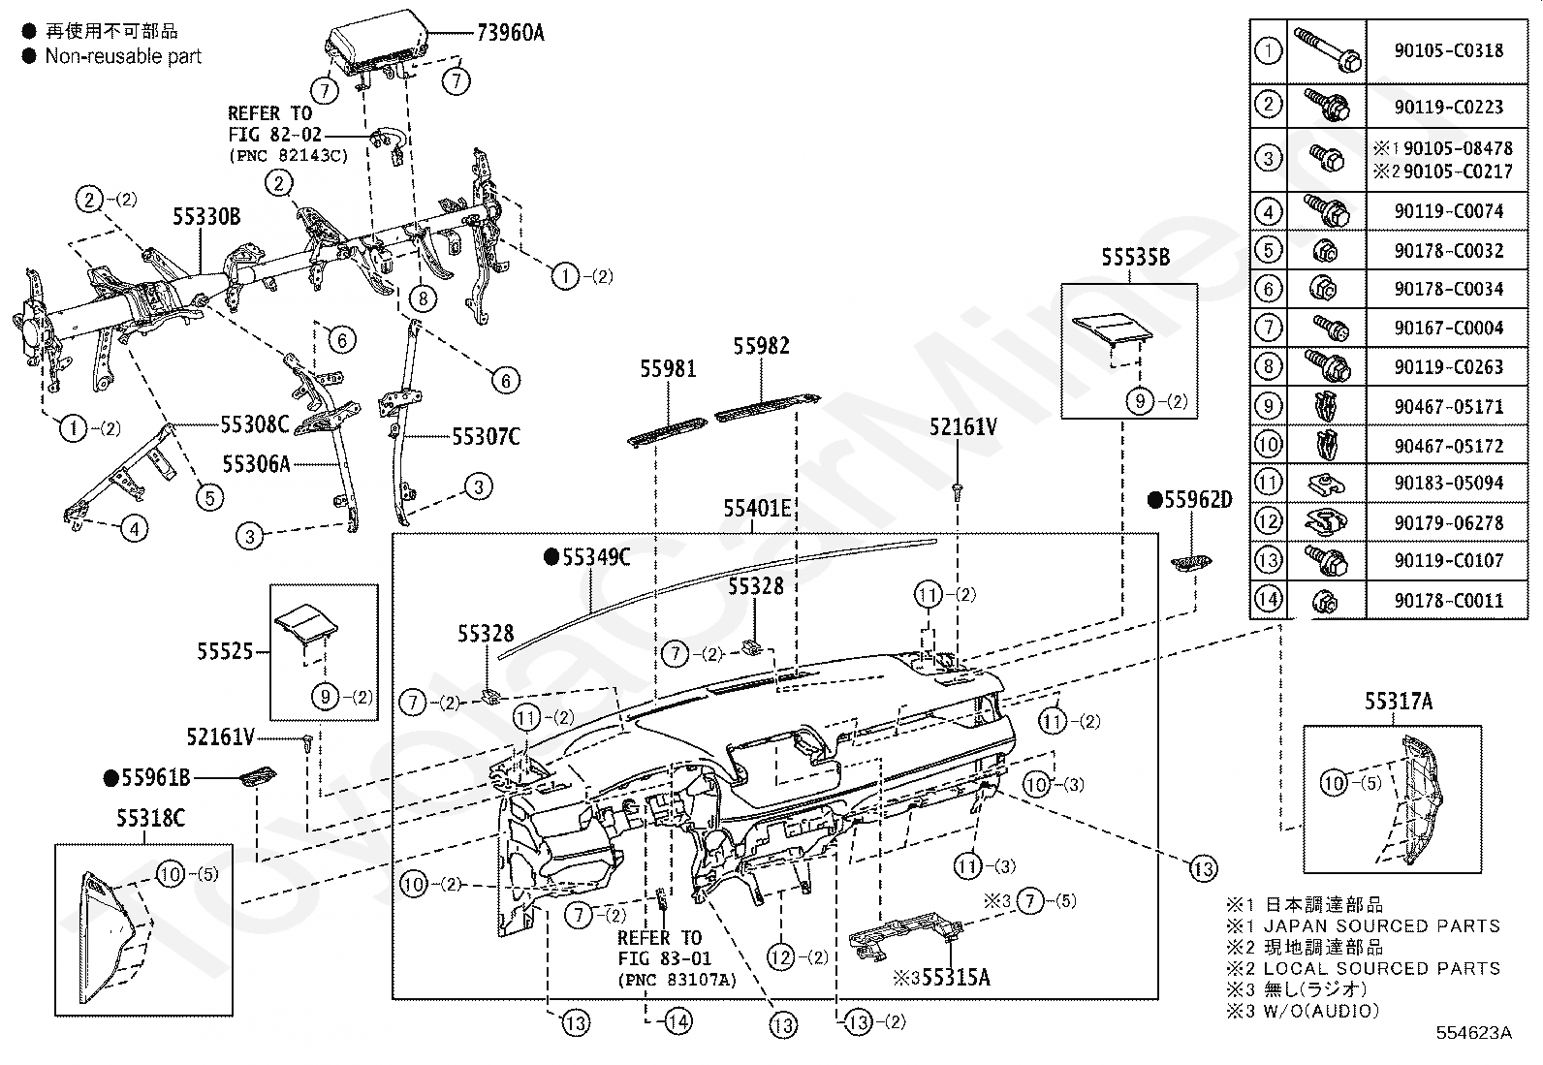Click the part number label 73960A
point(511,32)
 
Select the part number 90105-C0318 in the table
point(1449,50)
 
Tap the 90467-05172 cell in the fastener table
point(1449,446)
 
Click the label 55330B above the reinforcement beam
point(206,217)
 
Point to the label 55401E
point(757,509)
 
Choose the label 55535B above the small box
point(1135,257)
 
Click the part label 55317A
point(1399,702)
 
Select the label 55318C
point(150,818)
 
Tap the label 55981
point(668,369)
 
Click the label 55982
point(761,346)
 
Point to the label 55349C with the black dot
point(587,557)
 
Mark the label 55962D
point(1189,499)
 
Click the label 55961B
point(146,778)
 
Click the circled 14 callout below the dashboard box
point(677,1021)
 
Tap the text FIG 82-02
point(275,135)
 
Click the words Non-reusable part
point(123,56)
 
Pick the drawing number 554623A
point(1473,1033)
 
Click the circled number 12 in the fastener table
point(1268,521)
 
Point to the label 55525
point(225,651)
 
